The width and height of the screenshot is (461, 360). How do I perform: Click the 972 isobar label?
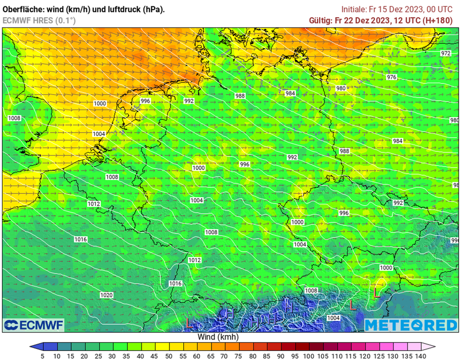pyautogui.click(x=445, y=53)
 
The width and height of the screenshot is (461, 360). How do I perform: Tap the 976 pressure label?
pyautogui.click(x=392, y=77)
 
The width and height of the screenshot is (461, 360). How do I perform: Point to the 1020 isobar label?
pyautogui.click(x=106, y=295)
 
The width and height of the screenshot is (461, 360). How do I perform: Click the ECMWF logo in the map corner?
pyautogui.click(x=34, y=325)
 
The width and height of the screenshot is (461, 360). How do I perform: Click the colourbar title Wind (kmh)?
pyautogui.click(x=218, y=337)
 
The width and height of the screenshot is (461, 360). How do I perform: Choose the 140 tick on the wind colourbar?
pyautogui.click(x=421, y=356)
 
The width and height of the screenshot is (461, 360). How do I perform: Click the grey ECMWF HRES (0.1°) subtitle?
pyautogui.click(x=39, y=20)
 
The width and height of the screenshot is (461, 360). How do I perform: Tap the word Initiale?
pyautogui.click(x=355, y=9)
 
